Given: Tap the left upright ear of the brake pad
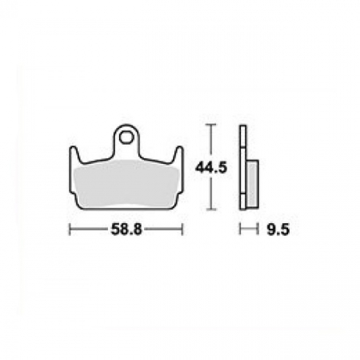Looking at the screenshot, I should pos(74,153).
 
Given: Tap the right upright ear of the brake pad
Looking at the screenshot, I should pos(178,153).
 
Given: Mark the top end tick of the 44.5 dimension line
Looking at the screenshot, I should pos(210,125).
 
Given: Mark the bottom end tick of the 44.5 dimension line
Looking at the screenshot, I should pos(210,209).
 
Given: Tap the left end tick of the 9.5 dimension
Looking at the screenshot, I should pos(240,230).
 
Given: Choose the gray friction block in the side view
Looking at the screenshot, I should pos(252,183).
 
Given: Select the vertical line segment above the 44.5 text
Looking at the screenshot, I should pos(210,142).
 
